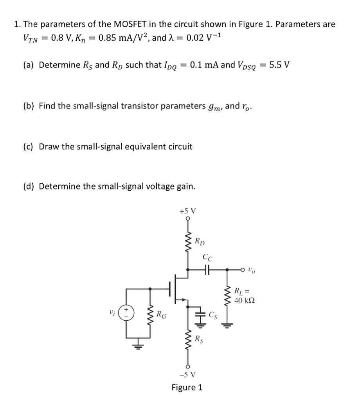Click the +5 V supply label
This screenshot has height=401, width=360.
click(188, 211)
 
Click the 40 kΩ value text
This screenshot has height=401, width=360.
click(245, 300)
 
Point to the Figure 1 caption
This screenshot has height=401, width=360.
click(187, 388)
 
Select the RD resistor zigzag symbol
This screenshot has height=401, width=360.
click(188, 243)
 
